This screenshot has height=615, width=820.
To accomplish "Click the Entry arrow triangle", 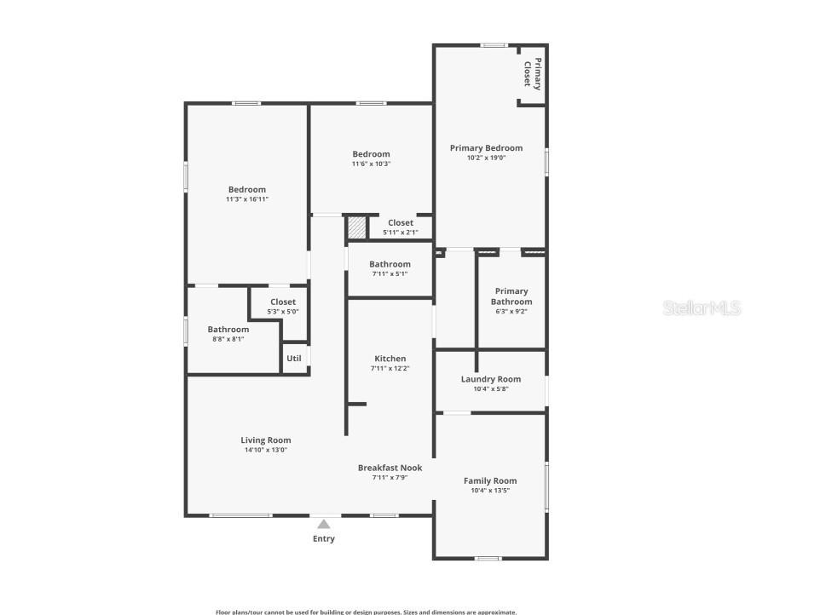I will [x=324, y=525].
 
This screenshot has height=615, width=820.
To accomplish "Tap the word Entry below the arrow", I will [x=324, y=538].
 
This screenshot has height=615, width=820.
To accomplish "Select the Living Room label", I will [x=266, y=440].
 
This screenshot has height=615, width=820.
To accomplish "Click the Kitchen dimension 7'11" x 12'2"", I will [x=390, y=368].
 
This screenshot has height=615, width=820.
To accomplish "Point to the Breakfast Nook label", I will [x=390, y=468].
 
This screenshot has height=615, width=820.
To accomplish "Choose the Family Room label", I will [x=490, y=480].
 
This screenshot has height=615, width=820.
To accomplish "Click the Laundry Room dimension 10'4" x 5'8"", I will [x=491, y=388].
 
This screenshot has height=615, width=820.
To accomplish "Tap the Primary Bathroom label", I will [x=511, y=296].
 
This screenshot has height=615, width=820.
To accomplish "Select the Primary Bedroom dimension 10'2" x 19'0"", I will [x=486, y=158].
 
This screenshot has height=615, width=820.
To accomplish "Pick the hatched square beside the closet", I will [x=356, y=227].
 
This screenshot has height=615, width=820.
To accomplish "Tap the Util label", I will [x=294, y=359].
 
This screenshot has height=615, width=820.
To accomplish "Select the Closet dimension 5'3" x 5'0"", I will [x=283, y=311].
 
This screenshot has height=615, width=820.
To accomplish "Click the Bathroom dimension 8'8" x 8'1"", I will [x=228, y=339].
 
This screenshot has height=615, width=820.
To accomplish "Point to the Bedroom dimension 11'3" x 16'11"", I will [x=247, y=199].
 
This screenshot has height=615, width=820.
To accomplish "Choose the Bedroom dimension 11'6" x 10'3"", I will [x=372, y=164].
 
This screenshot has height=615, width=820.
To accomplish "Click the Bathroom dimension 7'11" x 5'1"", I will [x=390, y=273].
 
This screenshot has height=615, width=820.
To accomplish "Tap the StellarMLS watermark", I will [x=702, y=308].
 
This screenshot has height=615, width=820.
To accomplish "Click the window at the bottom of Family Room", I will [x=488, y=558].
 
